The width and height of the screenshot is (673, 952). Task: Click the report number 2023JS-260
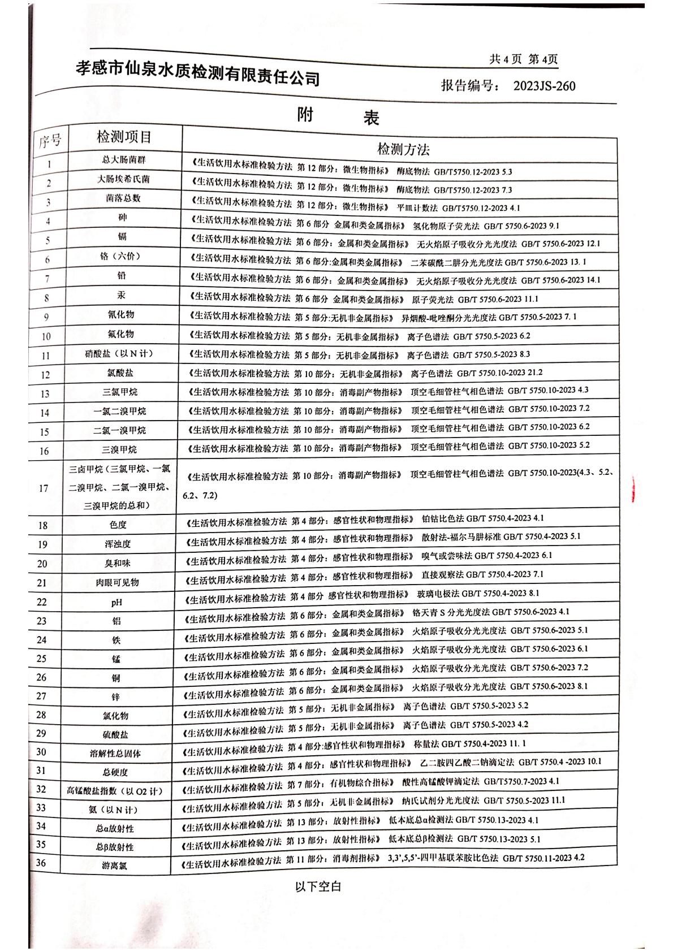(544, 86)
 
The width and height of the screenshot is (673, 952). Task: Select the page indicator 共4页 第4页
(524, 59)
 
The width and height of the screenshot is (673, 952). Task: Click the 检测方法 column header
(403, 149)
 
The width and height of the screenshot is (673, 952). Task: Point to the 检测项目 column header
(124, 137)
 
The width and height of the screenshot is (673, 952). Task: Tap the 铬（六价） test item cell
(120, 257)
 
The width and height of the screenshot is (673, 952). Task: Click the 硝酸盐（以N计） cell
(119, 354)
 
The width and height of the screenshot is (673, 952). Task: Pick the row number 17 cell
(44, 488)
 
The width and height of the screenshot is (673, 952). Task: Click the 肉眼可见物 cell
(117, 582)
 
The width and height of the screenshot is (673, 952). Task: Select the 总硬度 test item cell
(115, 772)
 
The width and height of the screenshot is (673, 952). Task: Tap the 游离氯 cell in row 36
(115, 866)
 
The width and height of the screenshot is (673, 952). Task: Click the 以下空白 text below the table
(318, 886)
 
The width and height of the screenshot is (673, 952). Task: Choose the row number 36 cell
(41, 863)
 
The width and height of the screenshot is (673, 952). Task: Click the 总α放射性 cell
(115, 828)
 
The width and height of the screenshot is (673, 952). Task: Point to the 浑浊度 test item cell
(118, 544)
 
